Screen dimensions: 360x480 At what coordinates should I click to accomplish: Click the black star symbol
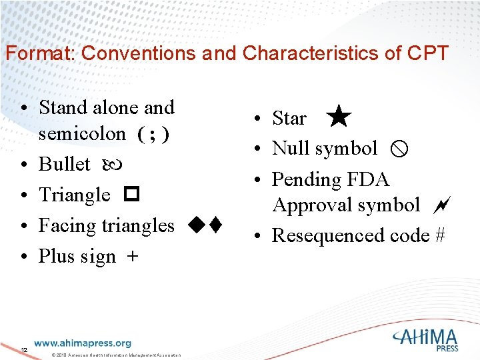pos(339,117)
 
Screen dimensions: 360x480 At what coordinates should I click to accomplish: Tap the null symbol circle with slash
pos(397,149)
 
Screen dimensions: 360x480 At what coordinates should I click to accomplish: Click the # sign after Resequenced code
pos(439,235)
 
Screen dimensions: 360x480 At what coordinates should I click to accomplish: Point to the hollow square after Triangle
pos(130,195)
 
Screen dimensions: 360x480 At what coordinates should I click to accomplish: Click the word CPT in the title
pos(425,53)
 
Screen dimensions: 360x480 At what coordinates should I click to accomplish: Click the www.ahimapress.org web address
pos(83,343)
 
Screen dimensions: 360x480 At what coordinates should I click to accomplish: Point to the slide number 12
pos(24,351)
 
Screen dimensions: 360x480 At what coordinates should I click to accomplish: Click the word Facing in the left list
pos(67,226)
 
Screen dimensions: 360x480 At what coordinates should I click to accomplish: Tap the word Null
pos(290,148)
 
